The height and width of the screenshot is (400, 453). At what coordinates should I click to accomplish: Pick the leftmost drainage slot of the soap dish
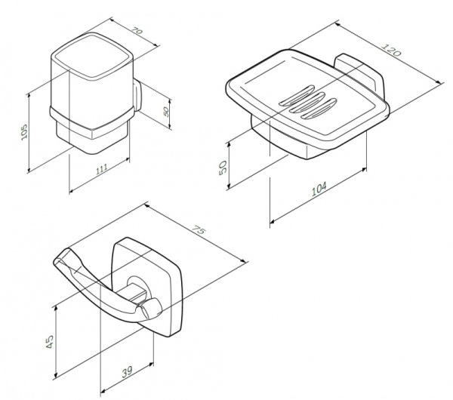coord(292,99)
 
